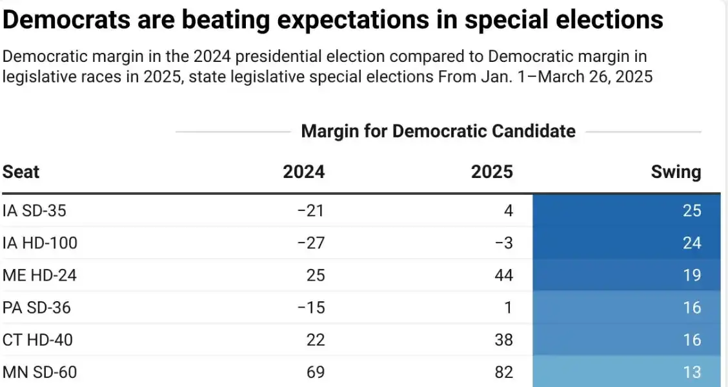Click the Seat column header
click(21, 172)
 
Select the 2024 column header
click(304, 172)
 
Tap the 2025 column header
click(492, 172)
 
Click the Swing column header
click(676, 172)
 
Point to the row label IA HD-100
click(40, 243)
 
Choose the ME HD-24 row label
click(39, 275)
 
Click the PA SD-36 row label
click(37, 308)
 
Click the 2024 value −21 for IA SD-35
click(311, 211)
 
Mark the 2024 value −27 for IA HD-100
click(311, 243)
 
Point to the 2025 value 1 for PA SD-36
click(508, 308)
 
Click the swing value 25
click(692, 211)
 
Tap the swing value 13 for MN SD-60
click(692, 372)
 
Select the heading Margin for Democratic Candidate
click(438, 132)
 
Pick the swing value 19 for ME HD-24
click(692, 275)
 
